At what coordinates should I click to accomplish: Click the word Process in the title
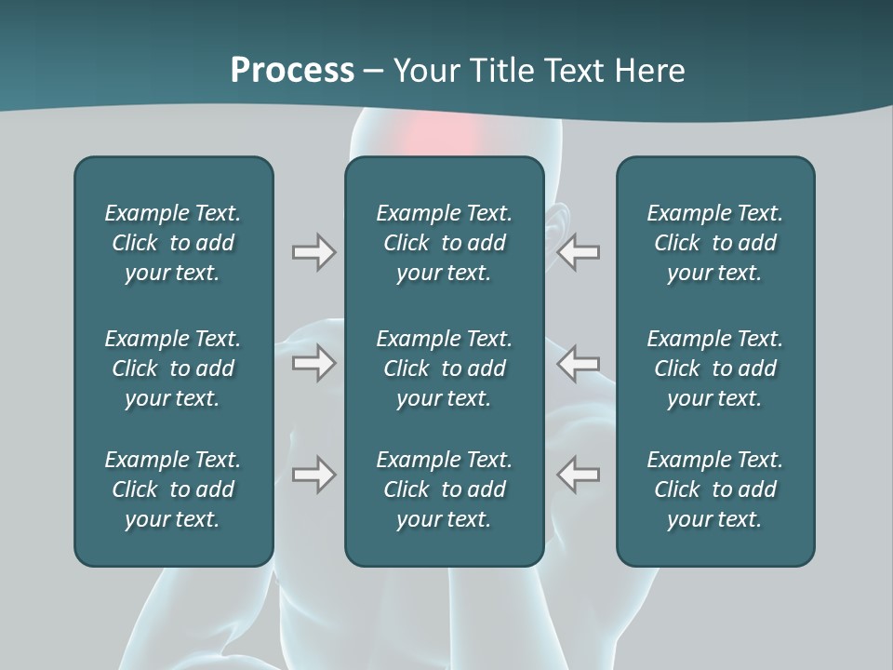[292, 71]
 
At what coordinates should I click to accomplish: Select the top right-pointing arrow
[313, 252]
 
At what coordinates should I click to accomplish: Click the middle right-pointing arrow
[313, 363]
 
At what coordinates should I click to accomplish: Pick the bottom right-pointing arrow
[313, 475]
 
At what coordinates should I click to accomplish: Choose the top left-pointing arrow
[578, 252]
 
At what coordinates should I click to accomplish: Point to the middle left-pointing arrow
[578, 363]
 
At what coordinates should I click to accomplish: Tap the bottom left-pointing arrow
[578, 475]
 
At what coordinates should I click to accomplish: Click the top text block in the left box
[173, 243]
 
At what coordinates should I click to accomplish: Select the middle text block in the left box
[173, 368]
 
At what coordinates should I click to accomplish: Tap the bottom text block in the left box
[173, 489]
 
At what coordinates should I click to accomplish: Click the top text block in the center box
[444, 243]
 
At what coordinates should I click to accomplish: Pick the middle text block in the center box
[444, 368]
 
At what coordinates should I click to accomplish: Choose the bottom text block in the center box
[444, 489]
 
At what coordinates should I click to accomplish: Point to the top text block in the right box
[714, 243]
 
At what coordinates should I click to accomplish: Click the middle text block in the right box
[714, 368]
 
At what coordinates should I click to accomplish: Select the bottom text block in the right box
[714, 489]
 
